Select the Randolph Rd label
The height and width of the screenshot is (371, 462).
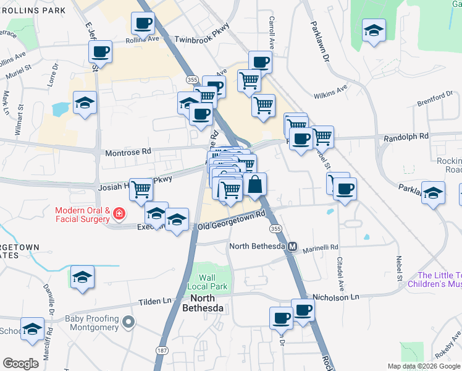click(x=406, y=136)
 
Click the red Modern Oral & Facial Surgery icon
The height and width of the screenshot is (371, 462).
click(x=117, y=215)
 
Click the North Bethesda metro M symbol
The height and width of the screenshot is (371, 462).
click(x=293, y=246)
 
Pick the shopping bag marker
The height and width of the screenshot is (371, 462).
click(x=254, y=184)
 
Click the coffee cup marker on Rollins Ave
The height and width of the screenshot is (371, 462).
click(x=143, y=25)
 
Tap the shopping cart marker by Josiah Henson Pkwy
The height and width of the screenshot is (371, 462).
click(x=141, y=189)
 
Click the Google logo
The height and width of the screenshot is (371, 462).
click(x=20, y=364)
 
